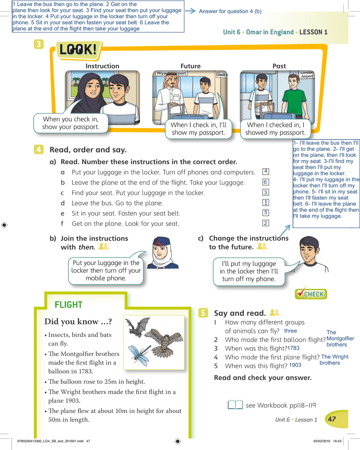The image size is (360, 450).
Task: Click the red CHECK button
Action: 310,294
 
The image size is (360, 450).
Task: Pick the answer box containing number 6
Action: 265,182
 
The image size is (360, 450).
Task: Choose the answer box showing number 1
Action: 265,202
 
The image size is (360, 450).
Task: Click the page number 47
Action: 332,419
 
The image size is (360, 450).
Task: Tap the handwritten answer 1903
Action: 295,365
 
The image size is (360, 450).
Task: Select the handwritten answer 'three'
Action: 290,331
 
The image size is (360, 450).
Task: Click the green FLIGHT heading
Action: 68,305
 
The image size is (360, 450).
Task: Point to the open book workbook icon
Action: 235,405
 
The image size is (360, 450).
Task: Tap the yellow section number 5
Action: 203,313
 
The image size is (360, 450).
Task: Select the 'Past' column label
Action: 279,66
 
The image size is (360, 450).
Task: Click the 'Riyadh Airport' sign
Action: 171,73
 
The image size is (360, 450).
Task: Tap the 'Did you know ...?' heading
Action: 78,321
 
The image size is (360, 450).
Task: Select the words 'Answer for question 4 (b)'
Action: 230,11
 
